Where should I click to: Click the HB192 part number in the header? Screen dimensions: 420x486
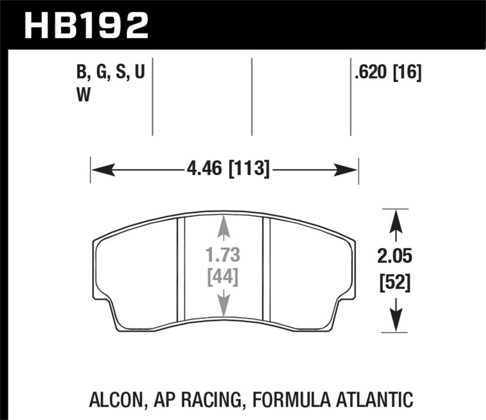tap(85, 24)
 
